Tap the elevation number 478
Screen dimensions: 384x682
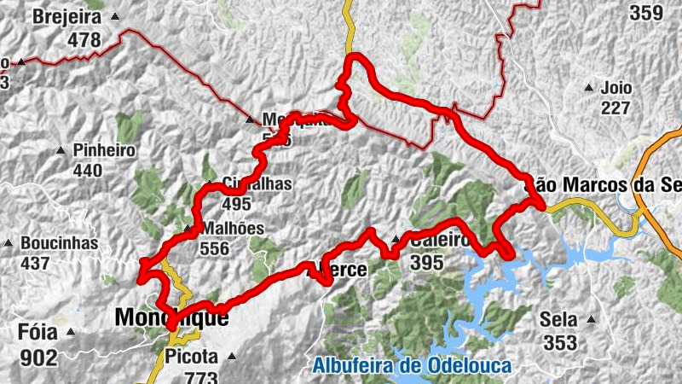coord(85,39)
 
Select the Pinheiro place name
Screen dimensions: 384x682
coord(105,150)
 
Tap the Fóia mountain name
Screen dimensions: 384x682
coord(35,331)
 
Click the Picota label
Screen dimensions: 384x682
coord(193,357)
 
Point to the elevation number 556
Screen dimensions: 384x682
coord(213,249)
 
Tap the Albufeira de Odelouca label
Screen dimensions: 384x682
coord(412,367)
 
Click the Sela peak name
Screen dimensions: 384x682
coord(558,320)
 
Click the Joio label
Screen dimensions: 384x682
coord(617,87)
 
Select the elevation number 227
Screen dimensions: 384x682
coord(615,108)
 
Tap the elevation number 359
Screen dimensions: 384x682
coord(645,14)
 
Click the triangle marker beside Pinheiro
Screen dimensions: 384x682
coord(61,151)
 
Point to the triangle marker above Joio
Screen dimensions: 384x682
coord(588,87)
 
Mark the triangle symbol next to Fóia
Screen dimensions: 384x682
coord(72,332)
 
